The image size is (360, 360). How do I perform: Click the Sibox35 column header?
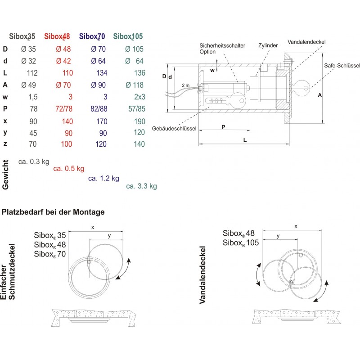[22, 36]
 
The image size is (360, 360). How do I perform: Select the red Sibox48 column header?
[57, 36]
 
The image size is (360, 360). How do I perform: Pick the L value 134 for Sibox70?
[101, 73]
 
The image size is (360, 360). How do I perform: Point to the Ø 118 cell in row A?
[135, 85]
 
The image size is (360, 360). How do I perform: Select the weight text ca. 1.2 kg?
[104, 178]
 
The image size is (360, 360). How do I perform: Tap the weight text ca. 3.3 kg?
[141, 186]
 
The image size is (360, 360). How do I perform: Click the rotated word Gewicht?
[6, 175]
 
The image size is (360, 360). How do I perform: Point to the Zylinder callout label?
[268, 45]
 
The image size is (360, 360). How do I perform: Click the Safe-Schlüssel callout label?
[342, 66]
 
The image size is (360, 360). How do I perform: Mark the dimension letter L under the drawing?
[245, 140]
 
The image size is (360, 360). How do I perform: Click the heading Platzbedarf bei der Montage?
[54, 211]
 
